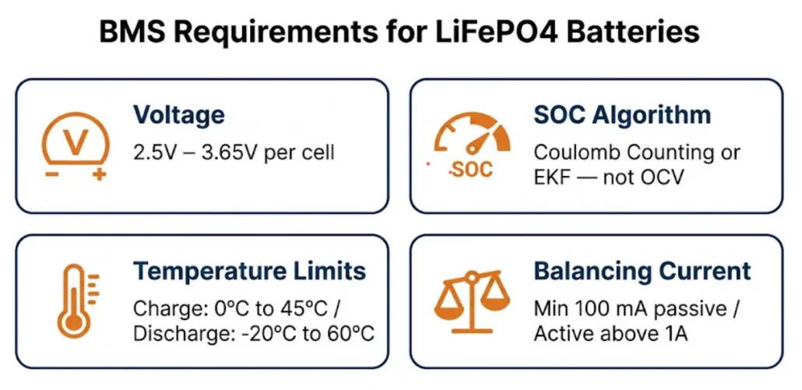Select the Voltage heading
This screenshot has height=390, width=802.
[178, 115]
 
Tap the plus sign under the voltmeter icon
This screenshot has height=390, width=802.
[99, 175]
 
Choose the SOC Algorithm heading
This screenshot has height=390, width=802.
[622, 115]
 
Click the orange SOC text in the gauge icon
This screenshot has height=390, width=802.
[472, 170]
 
